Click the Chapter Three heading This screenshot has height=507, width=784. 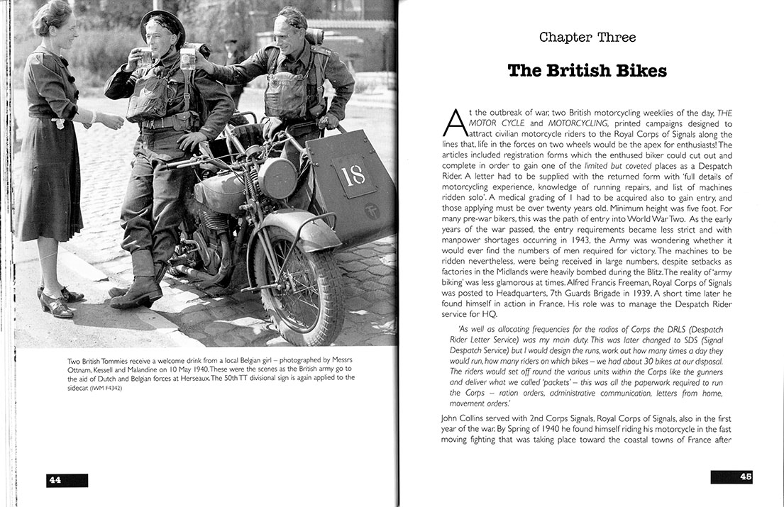click(587, 37)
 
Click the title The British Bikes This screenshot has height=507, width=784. click(587, 71)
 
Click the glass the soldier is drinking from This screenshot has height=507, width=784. click(146, 56)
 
